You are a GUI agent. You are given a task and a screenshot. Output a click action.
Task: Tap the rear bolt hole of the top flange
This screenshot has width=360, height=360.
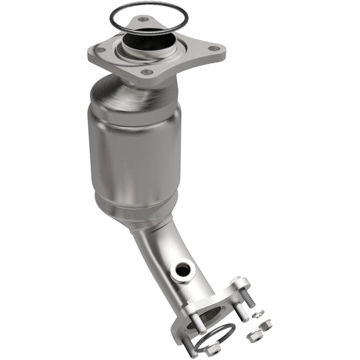point(143,20)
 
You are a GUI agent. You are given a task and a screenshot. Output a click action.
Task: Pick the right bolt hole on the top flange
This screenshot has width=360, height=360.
point(214,48)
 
